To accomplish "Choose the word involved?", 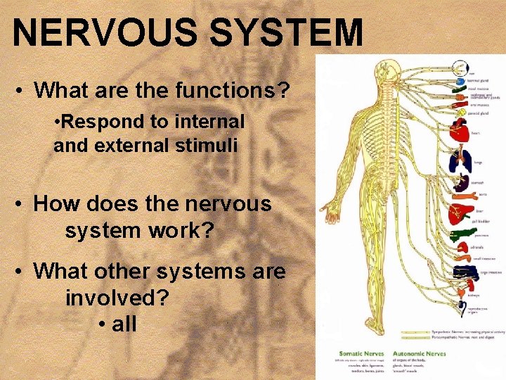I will [117, 297].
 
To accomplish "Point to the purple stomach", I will [458, 184].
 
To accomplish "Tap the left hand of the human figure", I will [325, 210].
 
